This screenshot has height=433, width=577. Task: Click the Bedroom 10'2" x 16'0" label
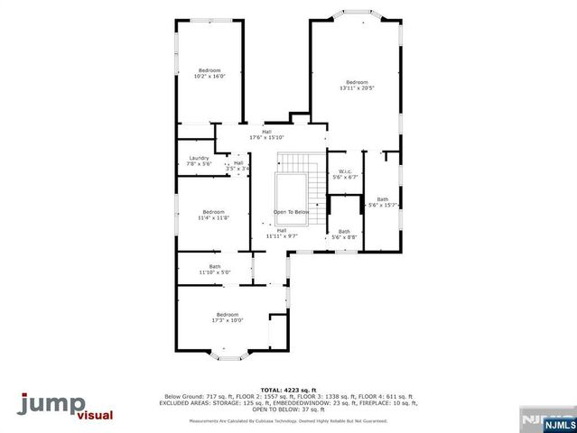(209, 73)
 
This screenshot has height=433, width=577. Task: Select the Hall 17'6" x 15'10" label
(266, 134)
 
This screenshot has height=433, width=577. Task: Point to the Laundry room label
(199, 161)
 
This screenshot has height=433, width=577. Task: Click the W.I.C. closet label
(345, 174)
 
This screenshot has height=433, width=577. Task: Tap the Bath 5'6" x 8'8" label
(344, 235)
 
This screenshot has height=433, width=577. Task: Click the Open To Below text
(292, 212)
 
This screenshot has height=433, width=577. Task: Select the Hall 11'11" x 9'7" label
(281, 233)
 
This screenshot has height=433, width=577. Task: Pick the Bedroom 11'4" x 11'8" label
(213, 215)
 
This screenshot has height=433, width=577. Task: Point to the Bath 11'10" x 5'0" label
(215, 269)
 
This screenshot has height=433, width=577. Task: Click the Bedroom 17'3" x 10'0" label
(228, 317)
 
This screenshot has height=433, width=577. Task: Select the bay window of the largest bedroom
(355, 15)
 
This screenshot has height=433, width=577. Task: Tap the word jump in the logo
(50, 403)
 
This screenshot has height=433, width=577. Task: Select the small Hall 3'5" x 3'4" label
(237, 166)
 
